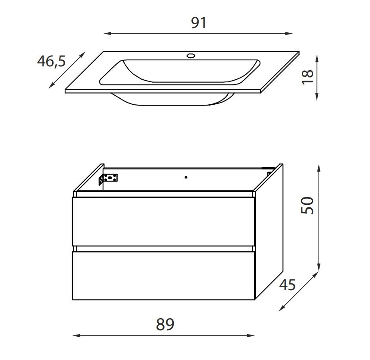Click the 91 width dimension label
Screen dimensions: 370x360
199,23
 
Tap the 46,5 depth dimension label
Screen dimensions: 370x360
51,61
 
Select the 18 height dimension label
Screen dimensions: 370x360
308,77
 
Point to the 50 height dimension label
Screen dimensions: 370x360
307,206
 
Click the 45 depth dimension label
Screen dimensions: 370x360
287,285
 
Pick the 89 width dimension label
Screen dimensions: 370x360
165,324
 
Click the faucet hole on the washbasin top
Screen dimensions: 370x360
191,56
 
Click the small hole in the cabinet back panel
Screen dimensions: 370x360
186,177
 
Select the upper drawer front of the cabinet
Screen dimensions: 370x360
163,222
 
